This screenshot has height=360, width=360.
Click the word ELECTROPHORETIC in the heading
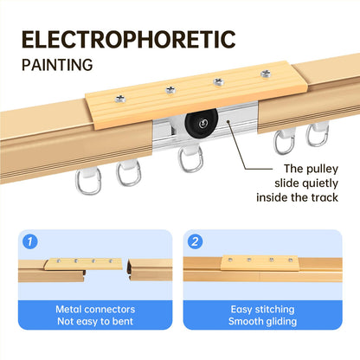pyautogui.click(x=129, y=39)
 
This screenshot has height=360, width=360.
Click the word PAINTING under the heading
pyautogui.click(x=57, y=65)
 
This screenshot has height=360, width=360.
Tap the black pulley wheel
pyautogui.click(x=202, y=123)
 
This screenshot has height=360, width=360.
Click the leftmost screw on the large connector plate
pyautogui.click(x=120, y=100)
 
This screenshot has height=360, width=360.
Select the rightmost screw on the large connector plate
pyautogui.click(x=266, y=74)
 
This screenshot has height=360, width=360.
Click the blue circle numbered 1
pyautogui.click(x=30, y=241)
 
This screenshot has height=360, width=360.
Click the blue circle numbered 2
pyautogui.click(x=195, y=241)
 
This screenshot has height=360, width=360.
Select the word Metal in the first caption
pyautogui.click(x=68, y=309)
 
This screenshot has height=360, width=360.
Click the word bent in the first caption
pyautogui.click(x=123, y=321)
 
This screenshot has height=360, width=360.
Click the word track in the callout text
pyautogui.click(x=325, y=197)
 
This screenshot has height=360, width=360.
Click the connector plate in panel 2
pyautogui.click(x=260, y=263)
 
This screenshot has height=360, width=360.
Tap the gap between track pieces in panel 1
pyautogui.click(x=125, y=271)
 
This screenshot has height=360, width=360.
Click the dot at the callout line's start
pyautogui.click(x=228, y=122)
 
